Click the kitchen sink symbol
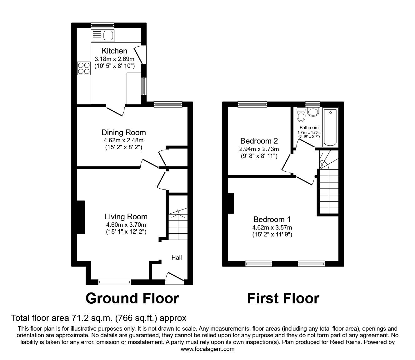[x=103, y=35]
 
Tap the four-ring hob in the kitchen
[x=83, y=68]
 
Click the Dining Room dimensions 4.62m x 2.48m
[x=124, y=140]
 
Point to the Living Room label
[x=126, y=216]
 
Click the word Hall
[x=177, y=257]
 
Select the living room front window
[x=114, y=282]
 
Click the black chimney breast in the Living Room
[x=80, y=217]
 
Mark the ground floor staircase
[x=178, y=224]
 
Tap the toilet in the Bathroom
[x=301, y=115]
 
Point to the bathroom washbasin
[x=312, y=112]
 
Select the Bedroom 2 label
[x=259, y=141]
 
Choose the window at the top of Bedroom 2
[x=252, y=104]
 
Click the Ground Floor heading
[x=132, y=298]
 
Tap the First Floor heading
[x=283, y=298]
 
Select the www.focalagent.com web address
[x=207, y=349]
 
